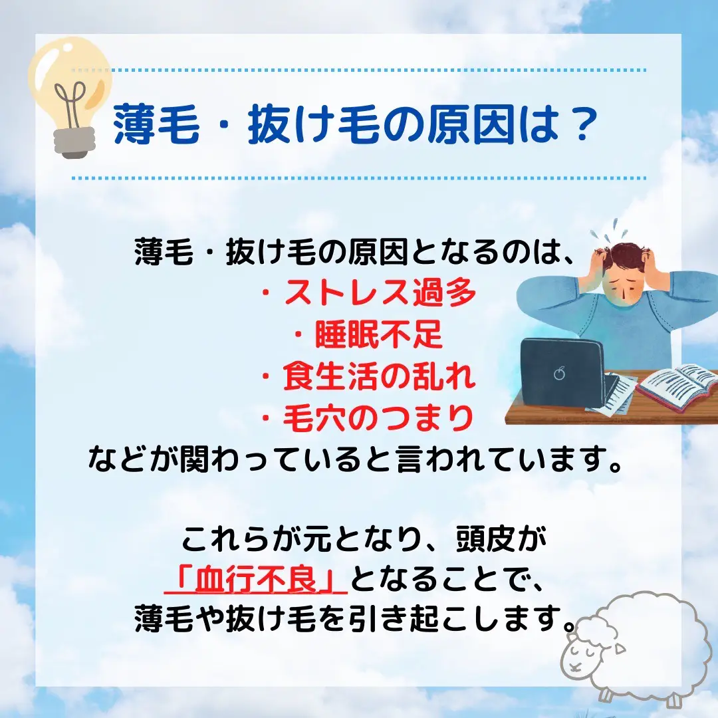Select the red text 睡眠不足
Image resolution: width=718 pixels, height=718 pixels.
click(x=379, y=334)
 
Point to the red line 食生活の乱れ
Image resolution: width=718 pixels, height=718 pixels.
click(x=379, y=376)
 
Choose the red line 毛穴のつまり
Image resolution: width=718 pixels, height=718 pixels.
click(x=378, y=418)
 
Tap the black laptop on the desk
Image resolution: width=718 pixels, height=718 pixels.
click(x=564, y=376)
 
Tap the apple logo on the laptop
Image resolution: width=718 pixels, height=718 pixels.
click(x=559, y=373)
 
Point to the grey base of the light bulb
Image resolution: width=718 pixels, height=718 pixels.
click(x=74, y=142)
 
